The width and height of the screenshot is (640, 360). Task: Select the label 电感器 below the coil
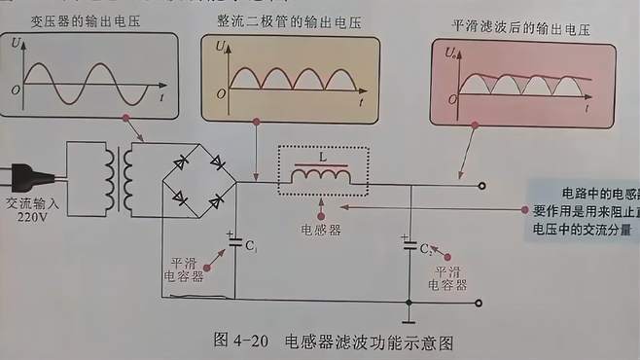click(x=321, y=232)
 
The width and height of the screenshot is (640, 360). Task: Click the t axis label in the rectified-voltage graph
click(x=359, y=102)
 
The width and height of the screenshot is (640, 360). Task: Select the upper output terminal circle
click(x=480, y=184)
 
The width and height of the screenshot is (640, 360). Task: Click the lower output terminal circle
click(x=480, y=302)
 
